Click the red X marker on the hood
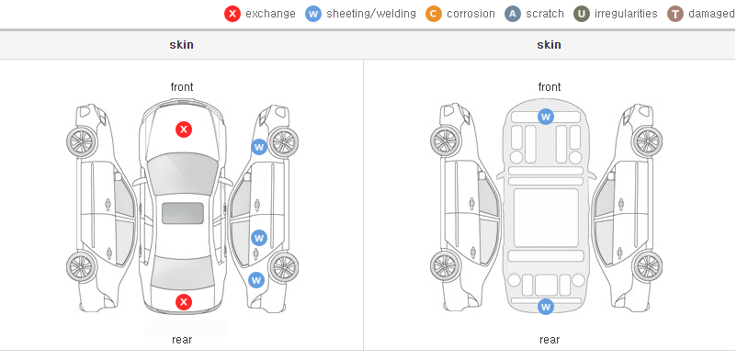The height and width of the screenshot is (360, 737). point(184,129)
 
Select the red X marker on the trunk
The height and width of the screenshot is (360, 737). point(184,302)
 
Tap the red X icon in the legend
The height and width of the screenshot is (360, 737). point(232,14)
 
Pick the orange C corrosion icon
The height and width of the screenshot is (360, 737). point(434,14)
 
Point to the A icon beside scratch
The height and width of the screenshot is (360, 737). point(513,14)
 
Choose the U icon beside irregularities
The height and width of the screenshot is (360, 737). point(582,14)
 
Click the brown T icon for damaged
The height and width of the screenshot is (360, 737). point(675,14)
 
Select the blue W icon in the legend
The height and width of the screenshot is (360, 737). point(313,14)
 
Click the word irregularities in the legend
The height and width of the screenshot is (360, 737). point(626,14)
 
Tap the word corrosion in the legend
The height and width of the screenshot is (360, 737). point(471,14)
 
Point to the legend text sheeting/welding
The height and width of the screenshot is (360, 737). point(371,14)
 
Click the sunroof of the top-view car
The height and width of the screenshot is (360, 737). point(183,213)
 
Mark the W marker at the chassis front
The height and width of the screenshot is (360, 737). point(545,116)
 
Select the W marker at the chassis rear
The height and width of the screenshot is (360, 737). point(545,307)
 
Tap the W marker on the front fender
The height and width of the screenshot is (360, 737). point(259,147)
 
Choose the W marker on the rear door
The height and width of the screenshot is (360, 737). point(259,237)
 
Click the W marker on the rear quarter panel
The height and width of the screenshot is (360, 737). point(256,281)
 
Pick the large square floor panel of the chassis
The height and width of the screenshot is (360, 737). point(546,218)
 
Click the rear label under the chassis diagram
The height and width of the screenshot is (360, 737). point(550,340)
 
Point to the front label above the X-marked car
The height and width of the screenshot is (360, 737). point(182,87)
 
